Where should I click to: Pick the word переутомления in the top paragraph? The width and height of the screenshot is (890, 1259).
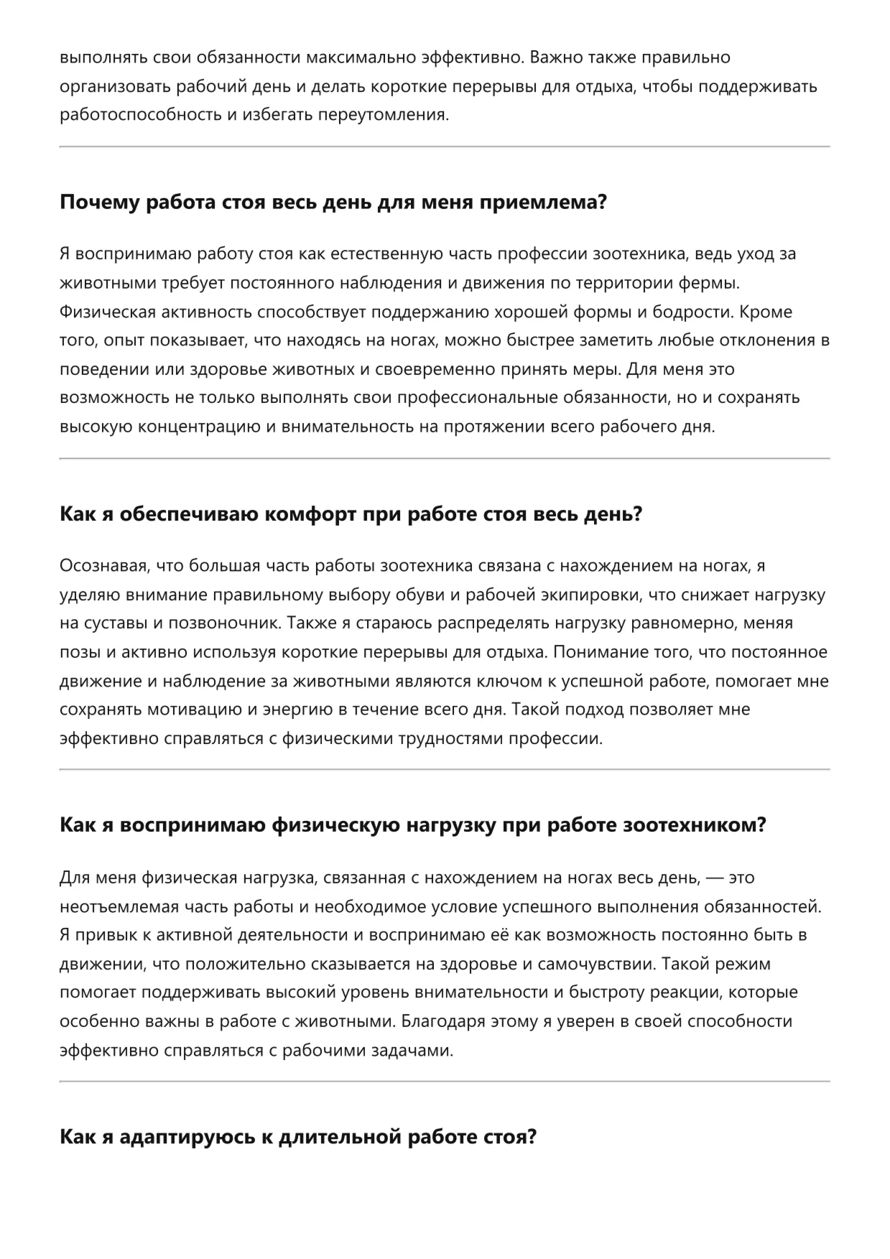tap(392, 115)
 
